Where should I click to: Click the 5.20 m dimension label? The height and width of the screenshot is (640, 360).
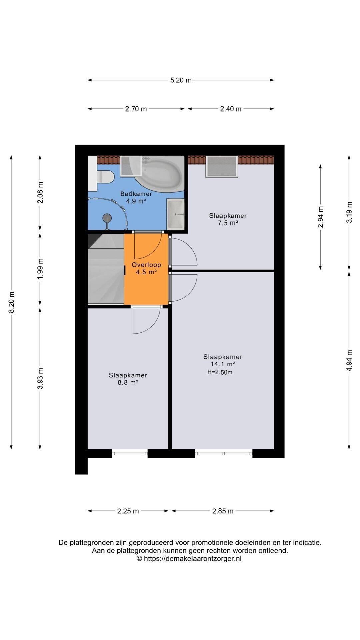[181, 80]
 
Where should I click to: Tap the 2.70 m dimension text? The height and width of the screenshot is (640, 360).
[136, 109]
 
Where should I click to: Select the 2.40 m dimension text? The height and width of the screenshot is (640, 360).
[231, 109]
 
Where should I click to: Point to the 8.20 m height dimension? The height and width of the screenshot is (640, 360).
[12, 302]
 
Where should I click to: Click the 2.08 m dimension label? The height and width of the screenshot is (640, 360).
[40, 192]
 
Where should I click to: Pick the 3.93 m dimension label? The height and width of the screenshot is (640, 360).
[40, 378]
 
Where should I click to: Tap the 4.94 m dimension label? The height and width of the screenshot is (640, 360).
[349, 360]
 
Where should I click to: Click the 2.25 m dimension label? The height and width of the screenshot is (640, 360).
[128, 511]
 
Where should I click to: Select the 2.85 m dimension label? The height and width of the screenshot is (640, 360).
[223, 511]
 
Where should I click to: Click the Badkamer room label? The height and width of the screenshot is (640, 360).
[136, 194]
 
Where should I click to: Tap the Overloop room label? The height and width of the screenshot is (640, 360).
[146, 265]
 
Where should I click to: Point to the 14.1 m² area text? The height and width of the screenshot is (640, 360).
[223, 364]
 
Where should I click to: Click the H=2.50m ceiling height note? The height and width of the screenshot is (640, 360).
[220, 372]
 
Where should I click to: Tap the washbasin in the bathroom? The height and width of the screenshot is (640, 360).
[175, 214]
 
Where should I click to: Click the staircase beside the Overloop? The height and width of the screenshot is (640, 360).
[106, 269]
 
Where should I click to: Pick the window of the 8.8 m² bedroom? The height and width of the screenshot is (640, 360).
[129, 453]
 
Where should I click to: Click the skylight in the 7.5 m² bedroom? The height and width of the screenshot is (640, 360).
[222, 166]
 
